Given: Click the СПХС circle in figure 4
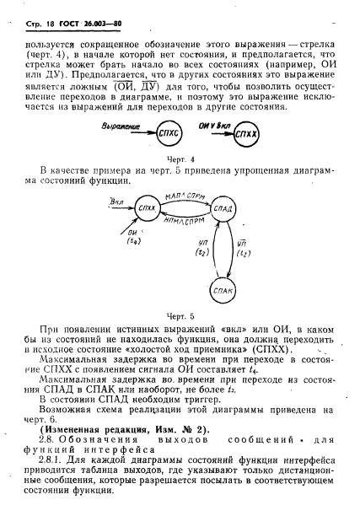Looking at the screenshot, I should [x=169, y=133].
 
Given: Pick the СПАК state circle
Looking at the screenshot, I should [x=223, y=292].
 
